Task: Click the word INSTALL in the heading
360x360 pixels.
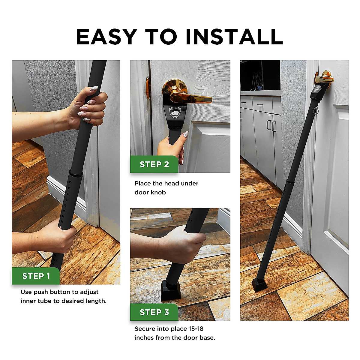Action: pyautogui.click(x=234, y=37)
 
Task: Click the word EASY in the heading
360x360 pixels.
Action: pyautogui.click(x=106, y=37)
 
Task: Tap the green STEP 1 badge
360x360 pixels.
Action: pyautogui.click(x=36, y=276)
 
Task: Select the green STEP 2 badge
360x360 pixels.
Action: pyautogui.click(x=154, y=164)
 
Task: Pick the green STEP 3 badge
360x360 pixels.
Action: pyautogui.click(x=154, y=312)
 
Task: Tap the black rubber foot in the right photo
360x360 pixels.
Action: pyautogui.click(x=259, y=285)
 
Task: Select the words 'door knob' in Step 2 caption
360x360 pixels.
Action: pyautogui.click(x=150, y=192)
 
